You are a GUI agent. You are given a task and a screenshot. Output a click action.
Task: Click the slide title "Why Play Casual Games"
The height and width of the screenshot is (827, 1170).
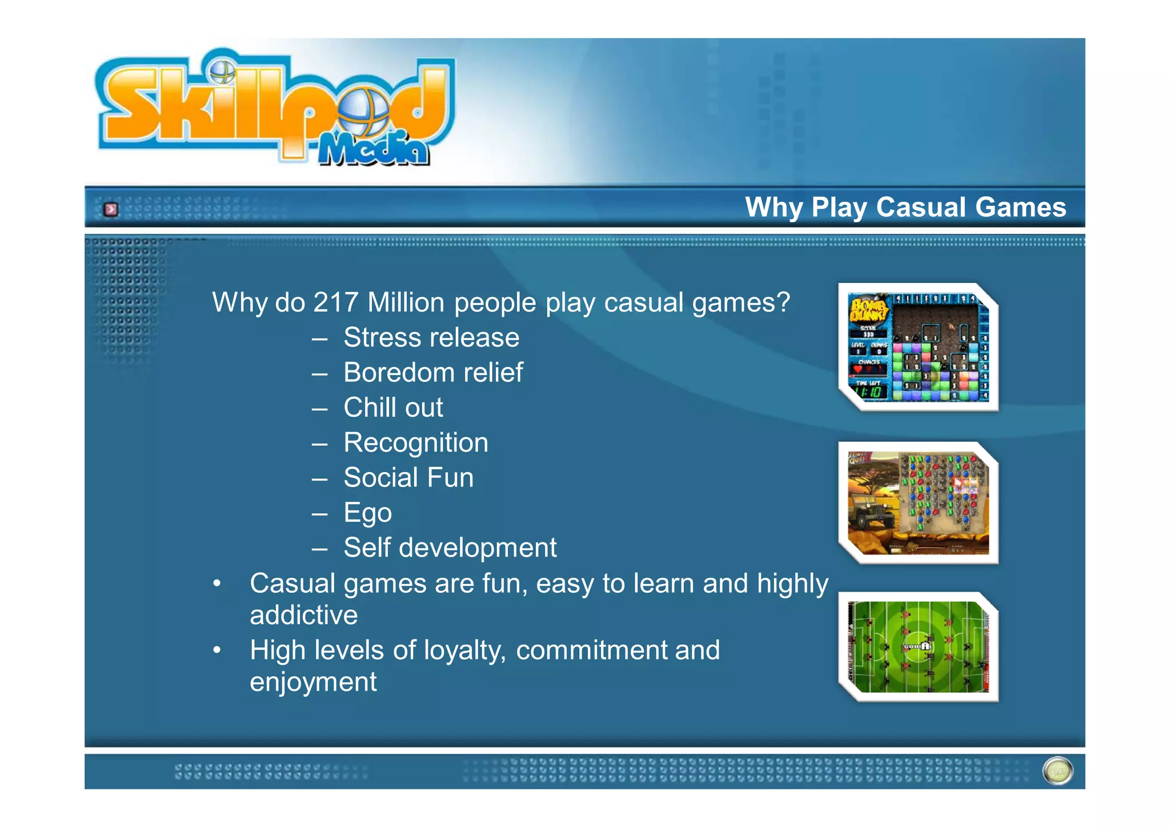(x=905, y=207)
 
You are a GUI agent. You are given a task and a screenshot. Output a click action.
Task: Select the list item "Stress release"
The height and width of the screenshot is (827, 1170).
(x=431, y=338)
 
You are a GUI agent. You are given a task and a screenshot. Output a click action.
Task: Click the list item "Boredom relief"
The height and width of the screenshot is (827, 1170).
(x=433, y=373)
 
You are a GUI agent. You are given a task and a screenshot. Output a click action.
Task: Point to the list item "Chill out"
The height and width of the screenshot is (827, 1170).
(x=393, y=407)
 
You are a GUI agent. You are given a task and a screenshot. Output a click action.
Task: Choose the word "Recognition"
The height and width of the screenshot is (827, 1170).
(x=416, y=443)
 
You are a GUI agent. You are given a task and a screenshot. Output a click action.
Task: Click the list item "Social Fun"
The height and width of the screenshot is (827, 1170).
(x=408, y=478)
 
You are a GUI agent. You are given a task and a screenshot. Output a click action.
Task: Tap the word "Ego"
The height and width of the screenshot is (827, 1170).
(x=367, y=513)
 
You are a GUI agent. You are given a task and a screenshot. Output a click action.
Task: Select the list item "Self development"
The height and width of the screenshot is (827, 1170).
(x=450, y=548)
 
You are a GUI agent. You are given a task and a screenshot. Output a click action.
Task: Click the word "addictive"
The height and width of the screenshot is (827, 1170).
(x=303, y=616)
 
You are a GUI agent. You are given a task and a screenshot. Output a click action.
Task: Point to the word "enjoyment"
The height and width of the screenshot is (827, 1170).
(x=313, y=682)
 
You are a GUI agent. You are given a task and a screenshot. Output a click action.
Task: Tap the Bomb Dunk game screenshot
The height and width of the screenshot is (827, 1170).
(x=918, y=347)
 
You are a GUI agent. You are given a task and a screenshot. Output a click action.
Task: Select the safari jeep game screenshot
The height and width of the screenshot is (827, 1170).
(x=918, y=503)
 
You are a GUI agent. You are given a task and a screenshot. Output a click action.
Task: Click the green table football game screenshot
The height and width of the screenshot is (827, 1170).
(x=918, y=647)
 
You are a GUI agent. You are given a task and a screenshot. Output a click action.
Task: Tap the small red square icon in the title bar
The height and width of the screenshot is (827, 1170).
(x=111, y=210)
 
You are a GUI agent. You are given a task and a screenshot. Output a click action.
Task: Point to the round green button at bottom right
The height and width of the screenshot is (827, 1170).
(x=1057, y=770)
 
